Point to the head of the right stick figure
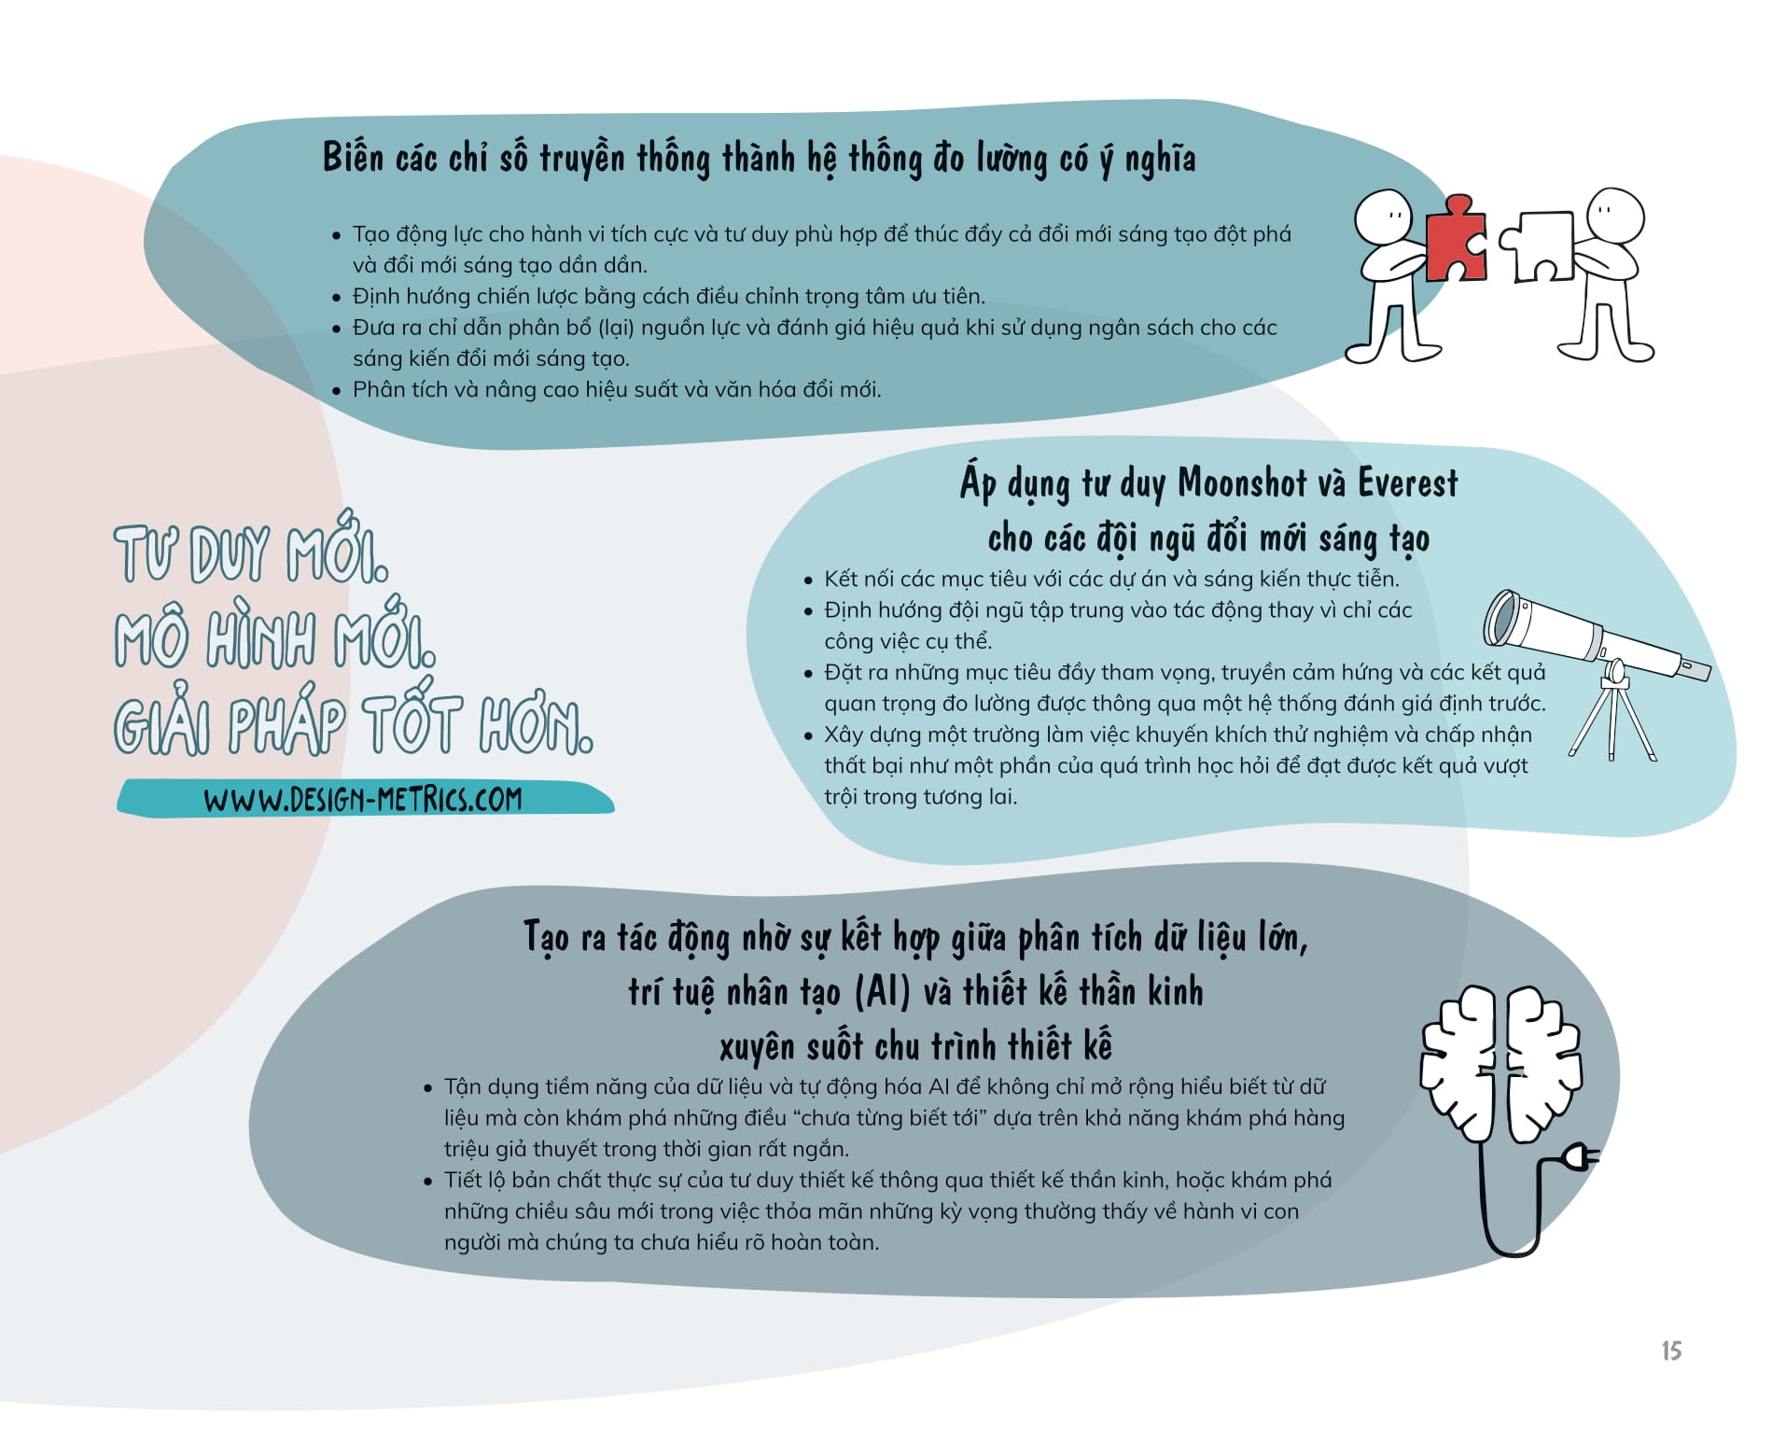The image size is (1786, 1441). point(1614,214)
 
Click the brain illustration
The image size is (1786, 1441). point(1500,1063)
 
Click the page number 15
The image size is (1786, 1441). point(1670,1350)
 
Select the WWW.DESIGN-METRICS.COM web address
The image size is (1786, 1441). point(363,799)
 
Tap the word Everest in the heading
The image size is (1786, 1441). point(1406,483)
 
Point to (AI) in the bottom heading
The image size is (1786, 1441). point(882,991)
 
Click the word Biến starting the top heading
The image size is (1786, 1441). point(353,158)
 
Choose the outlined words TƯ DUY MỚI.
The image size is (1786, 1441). point(250,553)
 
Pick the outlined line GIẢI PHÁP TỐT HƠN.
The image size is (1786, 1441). point(353,725)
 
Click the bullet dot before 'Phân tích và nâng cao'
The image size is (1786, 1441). point(337,390)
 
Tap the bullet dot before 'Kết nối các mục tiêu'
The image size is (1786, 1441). point(808,580)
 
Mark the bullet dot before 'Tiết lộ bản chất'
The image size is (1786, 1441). point(428,1182)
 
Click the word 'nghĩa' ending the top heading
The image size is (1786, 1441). point(1160,160)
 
